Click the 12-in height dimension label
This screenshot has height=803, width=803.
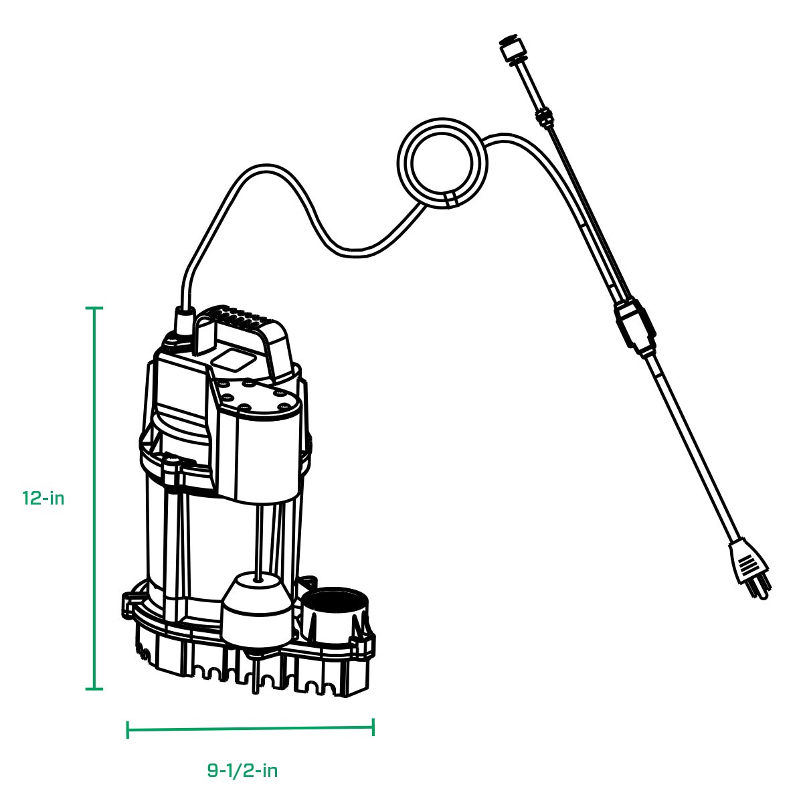tap(43, 499)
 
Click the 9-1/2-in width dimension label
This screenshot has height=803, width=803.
tap(242, 770)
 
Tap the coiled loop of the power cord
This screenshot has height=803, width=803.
tap(443, 163)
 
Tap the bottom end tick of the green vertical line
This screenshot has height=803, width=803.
tap(94, 689)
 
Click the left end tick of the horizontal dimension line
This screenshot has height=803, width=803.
tap(127, 729)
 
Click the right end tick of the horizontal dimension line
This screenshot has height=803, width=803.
tap(373, 728)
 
